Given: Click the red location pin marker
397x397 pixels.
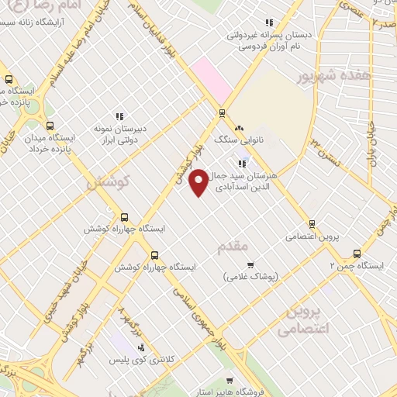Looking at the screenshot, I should tap(199, 182).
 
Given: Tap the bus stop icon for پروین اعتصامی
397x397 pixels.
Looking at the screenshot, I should tap(312, 223).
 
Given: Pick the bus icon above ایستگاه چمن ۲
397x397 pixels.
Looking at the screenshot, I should tap(357, 253).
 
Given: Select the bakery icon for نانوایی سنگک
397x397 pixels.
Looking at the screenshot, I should tap(239, 128).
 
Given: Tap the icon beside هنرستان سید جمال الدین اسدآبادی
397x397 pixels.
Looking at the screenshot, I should tap(243, 163).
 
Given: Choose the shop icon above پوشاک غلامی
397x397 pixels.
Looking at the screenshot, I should tap(250, 264).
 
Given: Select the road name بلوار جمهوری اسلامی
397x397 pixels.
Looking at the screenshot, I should tap(200, 314).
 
